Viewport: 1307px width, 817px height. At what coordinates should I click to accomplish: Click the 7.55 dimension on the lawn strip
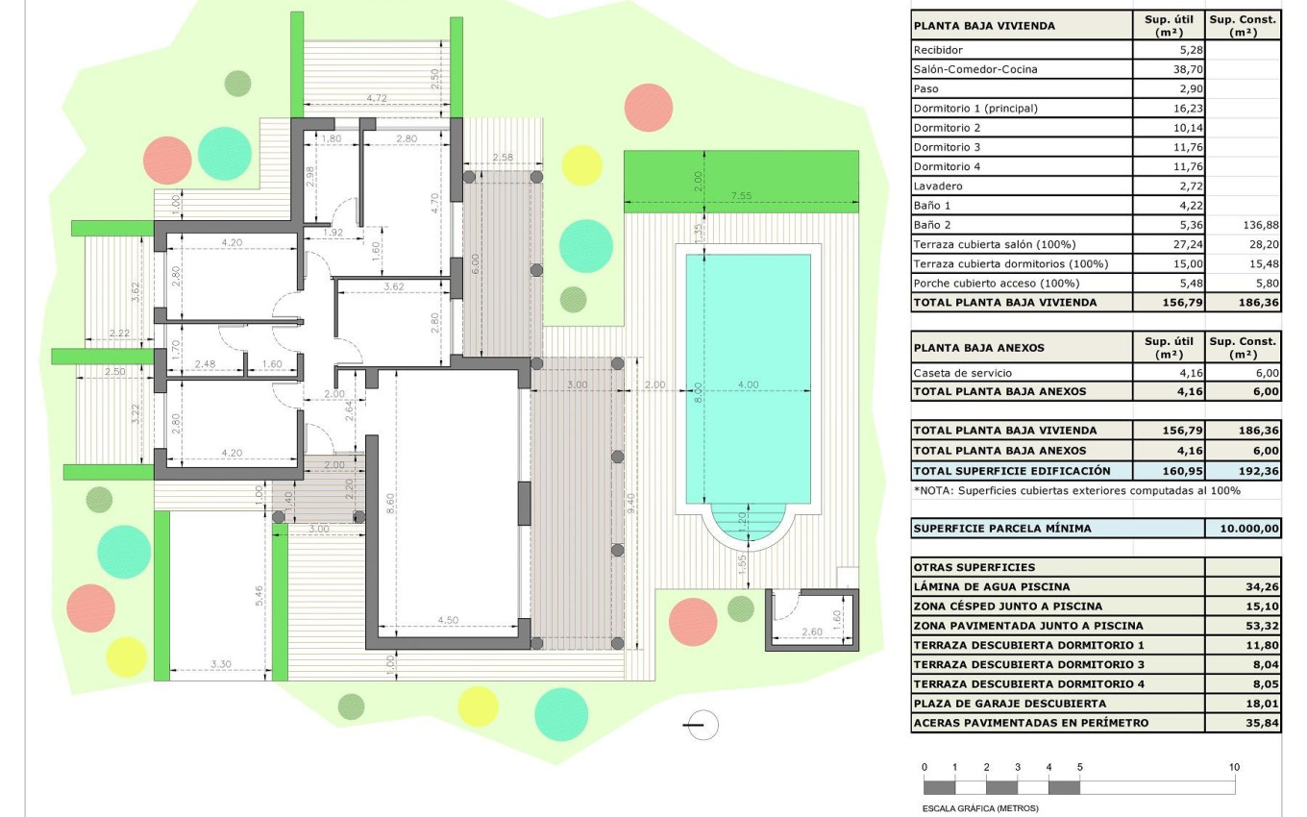click(x=740, y=196)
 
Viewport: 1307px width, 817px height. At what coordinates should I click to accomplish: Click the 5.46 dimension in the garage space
click(x=259, y=596)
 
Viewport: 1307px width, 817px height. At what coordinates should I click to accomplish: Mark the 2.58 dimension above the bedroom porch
click(x=502, y=158)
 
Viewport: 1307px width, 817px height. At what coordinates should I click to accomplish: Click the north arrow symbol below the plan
click(x=703, y=725)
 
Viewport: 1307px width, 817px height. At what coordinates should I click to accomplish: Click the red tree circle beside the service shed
click(x=692, y=621)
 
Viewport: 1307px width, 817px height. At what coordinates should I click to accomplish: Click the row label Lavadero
click(x=938, y=186)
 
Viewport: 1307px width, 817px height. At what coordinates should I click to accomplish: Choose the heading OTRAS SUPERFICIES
click(x=974, y=567)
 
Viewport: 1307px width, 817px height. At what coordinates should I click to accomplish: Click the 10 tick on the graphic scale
click(x=1234, y=767)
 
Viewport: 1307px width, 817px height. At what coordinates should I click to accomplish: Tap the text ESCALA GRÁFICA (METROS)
click(x=979, y=808)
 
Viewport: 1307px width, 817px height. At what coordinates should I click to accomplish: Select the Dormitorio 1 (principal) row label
click(x=975, y=109)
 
